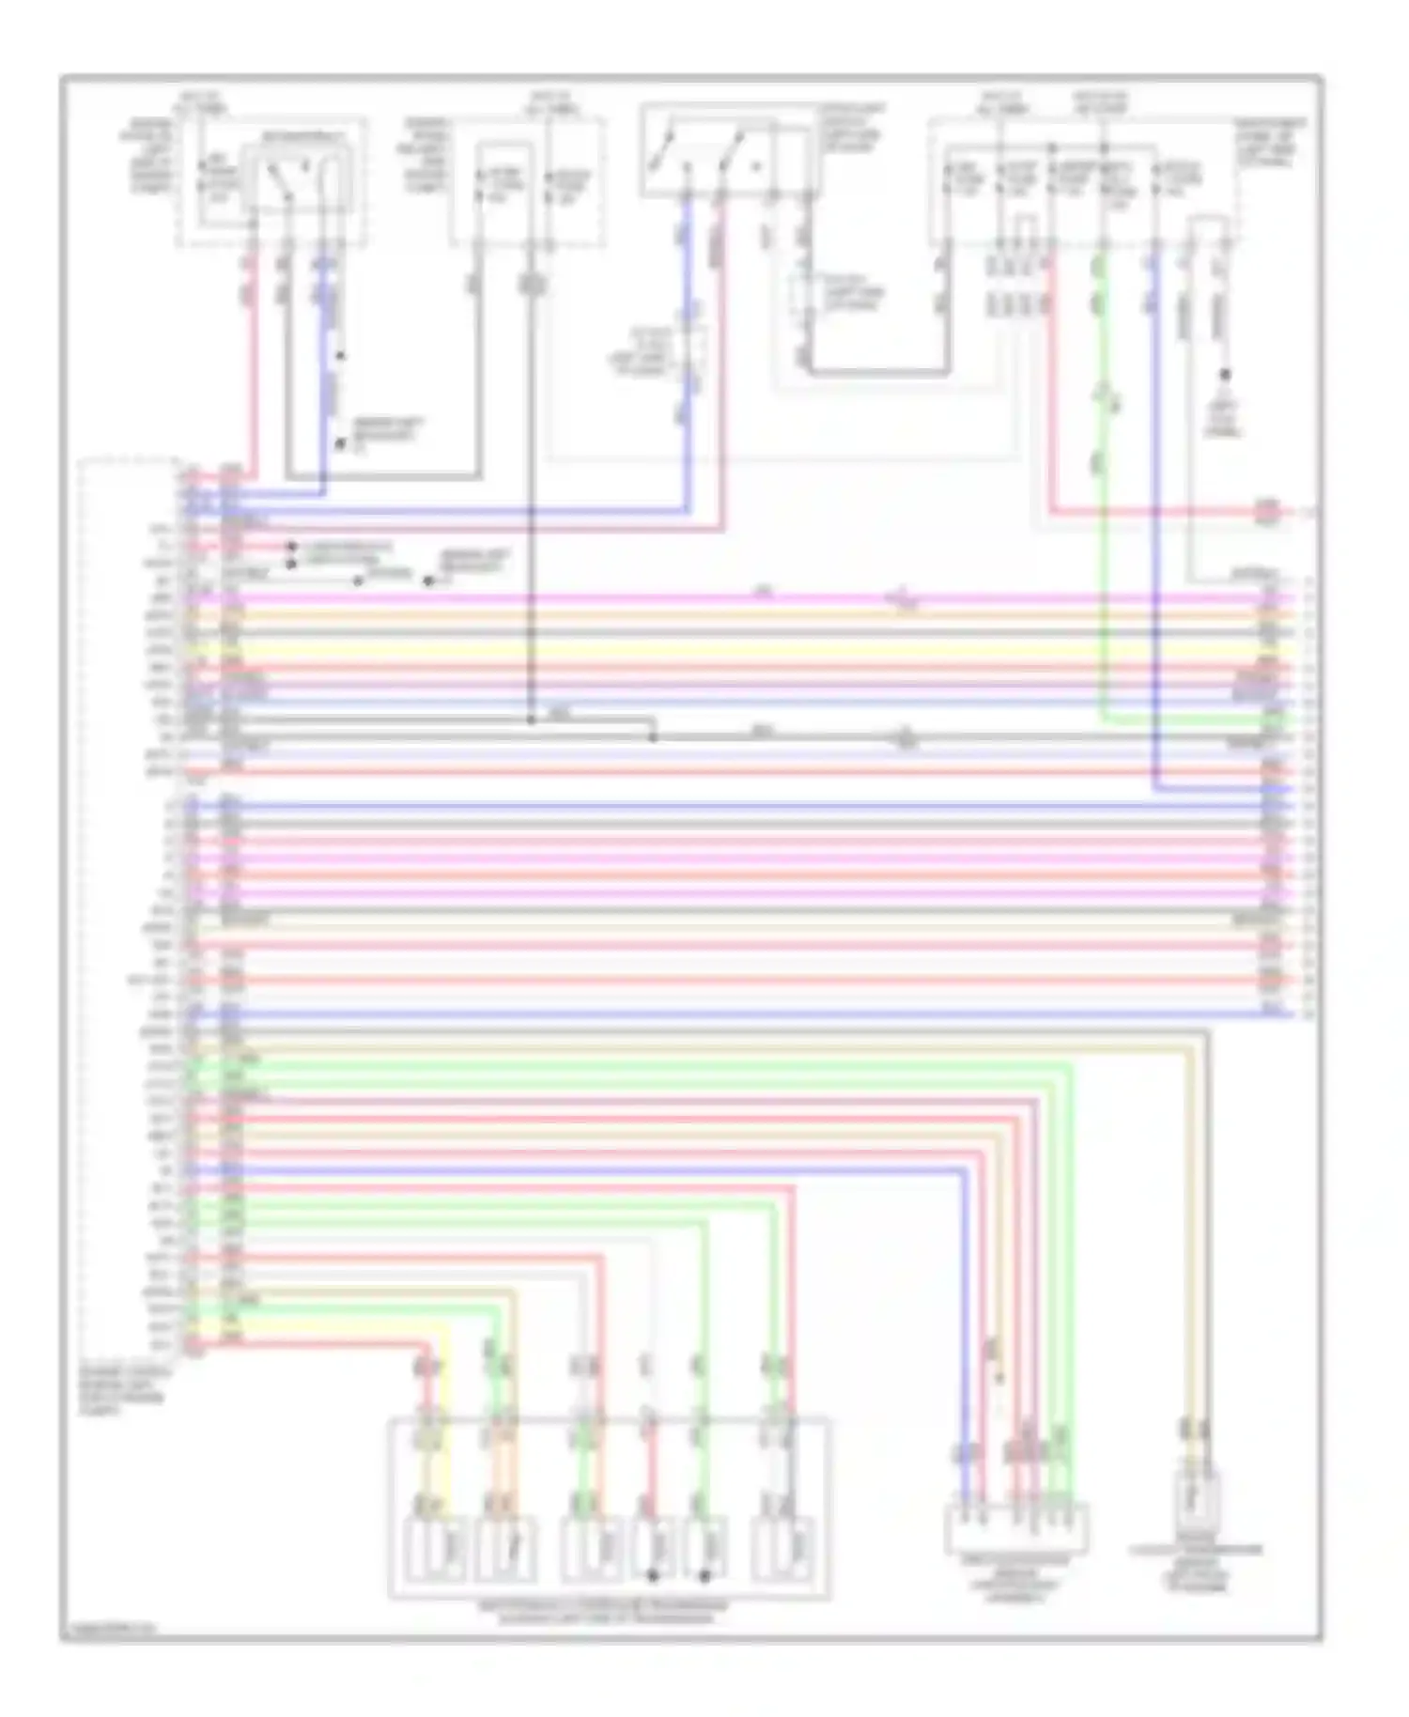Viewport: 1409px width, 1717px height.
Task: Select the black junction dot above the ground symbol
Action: [x=1226, y=375]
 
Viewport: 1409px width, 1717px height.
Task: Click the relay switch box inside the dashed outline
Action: [x=291, y=179]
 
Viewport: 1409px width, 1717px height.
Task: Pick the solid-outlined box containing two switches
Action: [x=723, y=151]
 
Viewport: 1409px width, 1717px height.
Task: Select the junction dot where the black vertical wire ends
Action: [x=531, y=720]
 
